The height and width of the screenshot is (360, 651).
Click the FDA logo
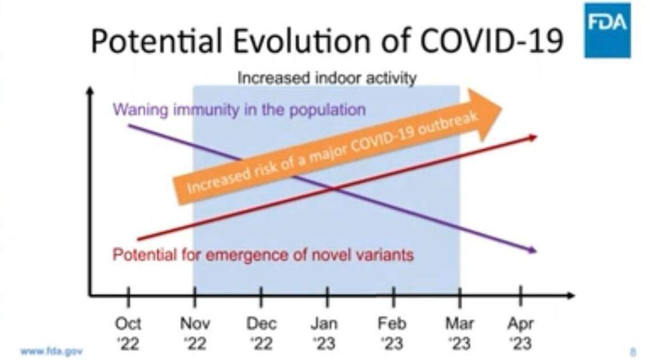pos(607,30)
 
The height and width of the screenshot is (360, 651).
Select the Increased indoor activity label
pos(327,78)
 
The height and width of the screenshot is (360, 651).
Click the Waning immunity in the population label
pos(239,109)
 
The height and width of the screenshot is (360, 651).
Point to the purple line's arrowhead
pos(533,250)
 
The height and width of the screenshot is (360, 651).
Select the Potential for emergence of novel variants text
pos(263,254)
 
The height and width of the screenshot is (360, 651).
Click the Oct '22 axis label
pos(128,333)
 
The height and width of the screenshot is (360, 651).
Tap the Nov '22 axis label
pos(195,333)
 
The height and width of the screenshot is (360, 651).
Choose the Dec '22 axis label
pos(261,333)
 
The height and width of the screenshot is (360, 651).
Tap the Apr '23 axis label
pos(520,333)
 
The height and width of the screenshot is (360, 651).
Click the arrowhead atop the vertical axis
pos(90,90)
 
